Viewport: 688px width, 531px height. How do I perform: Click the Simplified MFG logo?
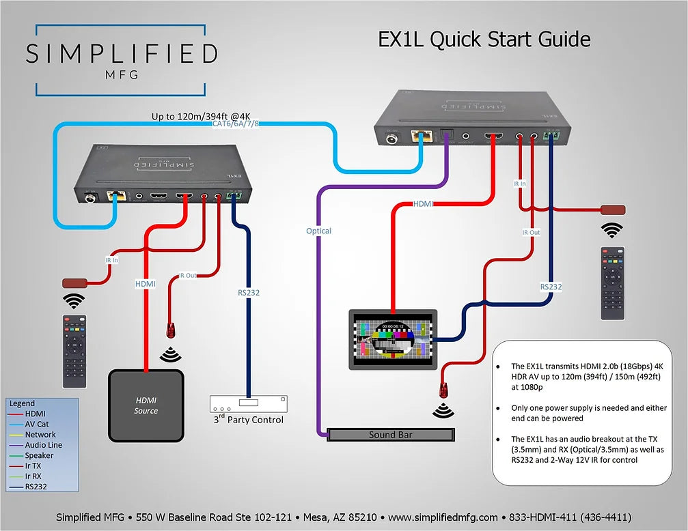[x=121, y=59]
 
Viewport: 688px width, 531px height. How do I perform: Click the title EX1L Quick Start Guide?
[x=484, y=39]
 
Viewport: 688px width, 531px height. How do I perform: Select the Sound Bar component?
[x=390, y=435]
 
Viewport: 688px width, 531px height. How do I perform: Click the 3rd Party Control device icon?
[x=247, y=404]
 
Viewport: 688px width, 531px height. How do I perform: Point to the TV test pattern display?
[x=391, y=339]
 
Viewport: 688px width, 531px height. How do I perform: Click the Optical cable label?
[x=318, y=231]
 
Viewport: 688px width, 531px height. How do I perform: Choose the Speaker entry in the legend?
[x=39, y=455]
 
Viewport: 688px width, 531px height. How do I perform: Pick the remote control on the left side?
[x=74, y=349]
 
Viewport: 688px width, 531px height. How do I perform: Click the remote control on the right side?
[x=612, y=283]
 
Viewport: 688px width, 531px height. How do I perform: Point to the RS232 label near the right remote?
[x=551, y=287]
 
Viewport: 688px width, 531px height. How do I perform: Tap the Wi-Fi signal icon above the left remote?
[x=74, y=301]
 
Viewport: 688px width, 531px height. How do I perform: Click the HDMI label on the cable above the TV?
[x=424, y=204]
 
